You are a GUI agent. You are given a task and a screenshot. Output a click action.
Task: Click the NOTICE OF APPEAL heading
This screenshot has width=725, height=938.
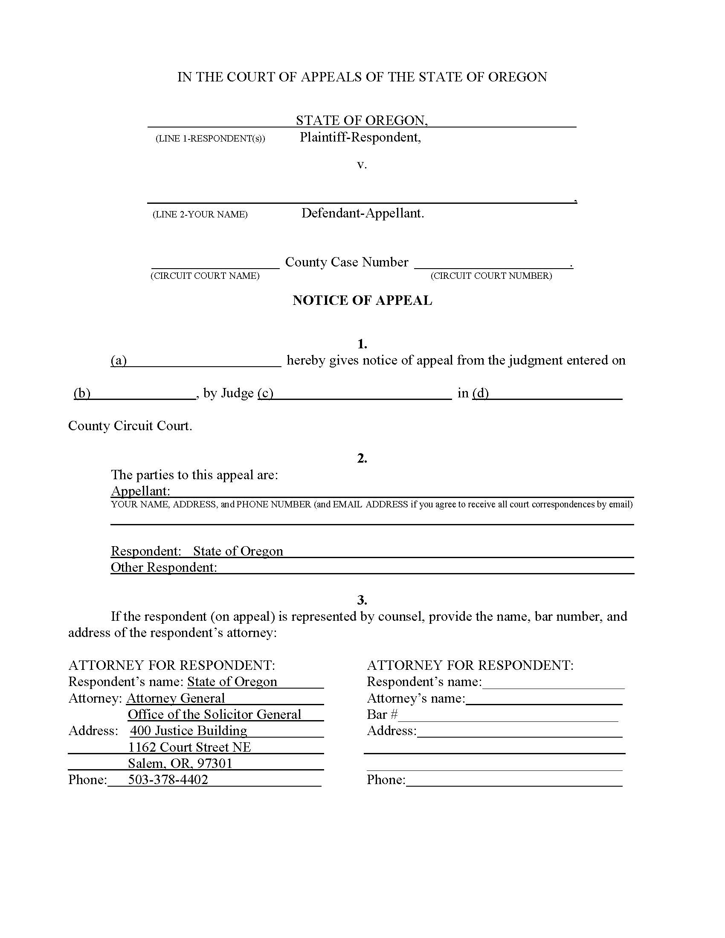(362, 300)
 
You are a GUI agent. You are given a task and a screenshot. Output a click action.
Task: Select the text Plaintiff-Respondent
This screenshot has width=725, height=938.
(360, 137)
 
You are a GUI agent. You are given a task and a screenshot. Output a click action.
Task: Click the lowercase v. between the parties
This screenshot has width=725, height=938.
(362, 165)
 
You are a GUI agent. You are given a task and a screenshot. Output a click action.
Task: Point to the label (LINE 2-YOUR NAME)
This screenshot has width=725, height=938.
(200, 214)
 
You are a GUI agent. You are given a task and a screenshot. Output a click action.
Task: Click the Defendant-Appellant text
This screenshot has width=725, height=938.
(362, 213)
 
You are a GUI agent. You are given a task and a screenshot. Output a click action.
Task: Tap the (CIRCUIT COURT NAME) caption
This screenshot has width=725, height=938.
(205, 276)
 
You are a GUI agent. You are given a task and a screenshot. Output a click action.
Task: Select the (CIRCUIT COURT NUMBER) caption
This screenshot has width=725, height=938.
(491, 276)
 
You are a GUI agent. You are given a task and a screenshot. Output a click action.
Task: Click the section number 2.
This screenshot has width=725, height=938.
(362, 458)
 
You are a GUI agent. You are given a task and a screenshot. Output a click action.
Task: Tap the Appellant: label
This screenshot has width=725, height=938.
(140, 491)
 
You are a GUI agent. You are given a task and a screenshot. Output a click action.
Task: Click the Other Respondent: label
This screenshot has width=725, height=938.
(164, 567)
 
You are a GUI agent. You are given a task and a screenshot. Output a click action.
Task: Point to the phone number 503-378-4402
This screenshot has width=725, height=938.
(168, 779)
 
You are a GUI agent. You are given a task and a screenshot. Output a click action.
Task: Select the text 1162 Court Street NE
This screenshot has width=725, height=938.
(189, 747)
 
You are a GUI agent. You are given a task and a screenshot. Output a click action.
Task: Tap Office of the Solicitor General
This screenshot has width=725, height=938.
(215, 714)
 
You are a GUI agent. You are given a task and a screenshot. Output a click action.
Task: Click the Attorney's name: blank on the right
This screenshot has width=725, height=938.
(544, 698)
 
